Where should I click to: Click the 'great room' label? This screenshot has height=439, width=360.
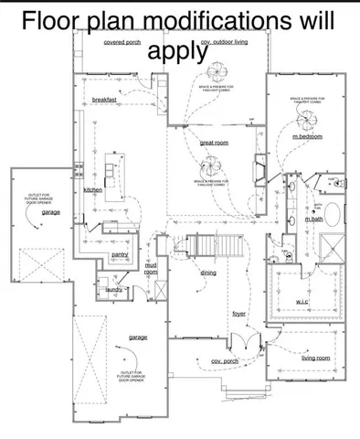pyautogui.click(x=214, y=144)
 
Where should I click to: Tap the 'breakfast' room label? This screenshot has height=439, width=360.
pyautogui.click(x=111, y=99)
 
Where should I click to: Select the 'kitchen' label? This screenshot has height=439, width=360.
pyautogui.click(x=93, y=189)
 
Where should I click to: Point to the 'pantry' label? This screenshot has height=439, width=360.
pyautogui.click(x=119, y=254)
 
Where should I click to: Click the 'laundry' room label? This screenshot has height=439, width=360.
pyautogui.click(x=114, y=289)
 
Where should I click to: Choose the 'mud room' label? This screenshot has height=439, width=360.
pyautogui.click(x=151, y=268)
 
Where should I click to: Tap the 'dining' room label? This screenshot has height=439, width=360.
pyautogui.click(x=208, y=273)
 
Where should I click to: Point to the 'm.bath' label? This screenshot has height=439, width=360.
pyautogui.click(x=313, y=219)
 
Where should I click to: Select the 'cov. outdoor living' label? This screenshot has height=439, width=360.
pyautogui.click(x=225, y=43)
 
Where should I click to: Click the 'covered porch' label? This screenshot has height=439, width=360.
pyautogui.click(x=122, y=42)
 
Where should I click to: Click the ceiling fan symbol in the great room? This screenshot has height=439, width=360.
pyautogui.click(x=210, y=165)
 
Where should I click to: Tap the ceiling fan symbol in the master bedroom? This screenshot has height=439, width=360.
pyautogui.click(x=308, y=112)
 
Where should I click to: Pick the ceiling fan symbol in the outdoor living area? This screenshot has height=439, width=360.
pyautogui.click(x=219, y=72)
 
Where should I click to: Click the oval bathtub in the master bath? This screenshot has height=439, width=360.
pyautogui.click(x=332, y=216)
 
